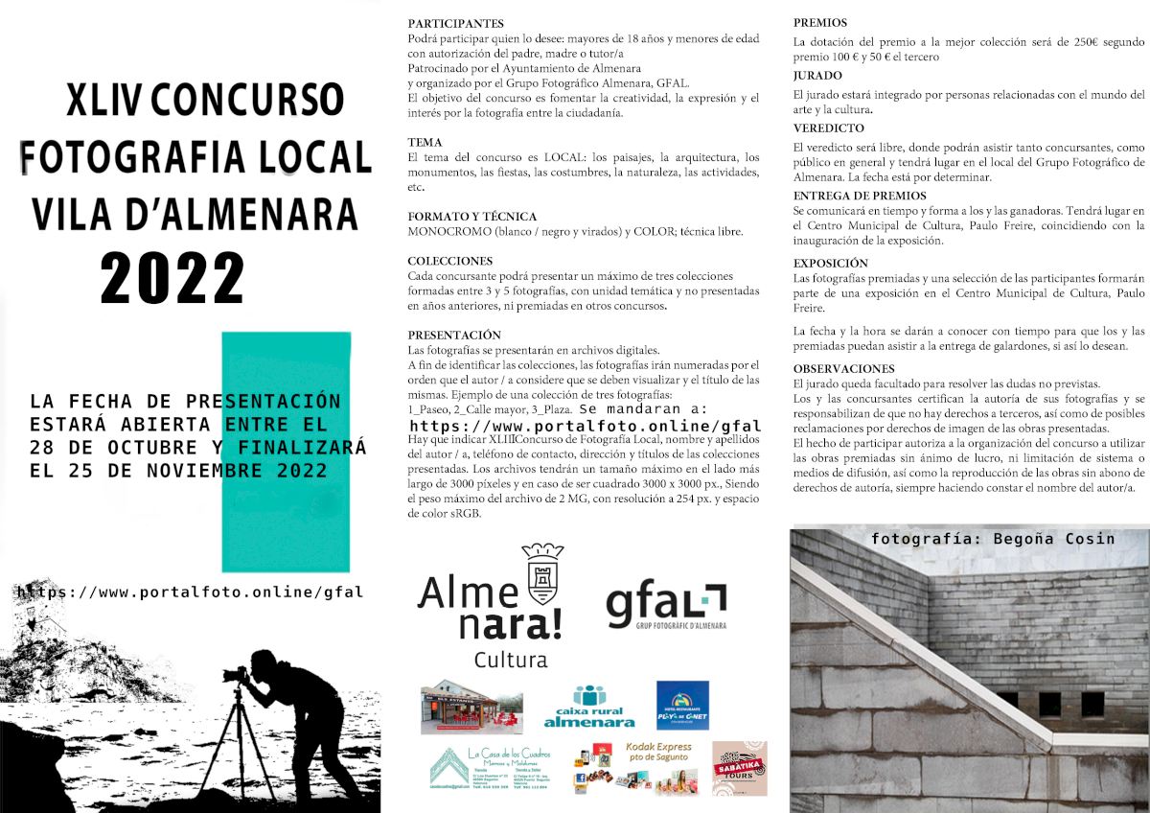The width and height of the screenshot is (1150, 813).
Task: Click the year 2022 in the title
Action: point(172,279)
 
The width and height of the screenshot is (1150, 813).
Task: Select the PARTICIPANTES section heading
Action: point(455,22)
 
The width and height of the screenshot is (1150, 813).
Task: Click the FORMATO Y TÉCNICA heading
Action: point(471,217)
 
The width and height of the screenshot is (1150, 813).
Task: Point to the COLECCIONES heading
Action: point(449,261)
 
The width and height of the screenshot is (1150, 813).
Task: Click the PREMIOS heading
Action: point(820,22)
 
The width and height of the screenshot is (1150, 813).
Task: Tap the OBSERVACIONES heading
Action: point(843,368)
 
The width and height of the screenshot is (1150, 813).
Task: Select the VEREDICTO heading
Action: point(828,128)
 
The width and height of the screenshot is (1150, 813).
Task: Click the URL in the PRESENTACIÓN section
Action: point(585,426)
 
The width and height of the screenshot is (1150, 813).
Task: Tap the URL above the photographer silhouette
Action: point(190,592)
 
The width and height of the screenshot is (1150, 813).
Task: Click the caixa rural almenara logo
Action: point(588,707)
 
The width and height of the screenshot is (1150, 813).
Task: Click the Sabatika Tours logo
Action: point(739,768)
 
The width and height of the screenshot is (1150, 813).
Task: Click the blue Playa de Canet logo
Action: point(682,706)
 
